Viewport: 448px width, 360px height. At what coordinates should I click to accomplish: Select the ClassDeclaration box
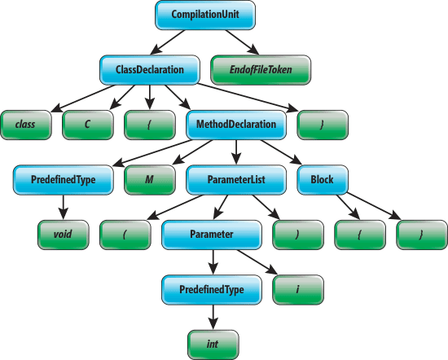pyautogui.click(x=151, y=70)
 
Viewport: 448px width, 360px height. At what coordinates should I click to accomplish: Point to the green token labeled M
pyautogui.click(x=149, y=179)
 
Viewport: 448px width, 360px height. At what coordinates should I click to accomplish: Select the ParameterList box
pyautogui.click(x=237, y=179)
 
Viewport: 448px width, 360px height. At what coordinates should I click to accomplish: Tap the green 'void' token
pyautogui.click(x=64, y=234)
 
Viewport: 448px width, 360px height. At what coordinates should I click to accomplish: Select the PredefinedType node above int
pyautogui.click(x=212, y=288)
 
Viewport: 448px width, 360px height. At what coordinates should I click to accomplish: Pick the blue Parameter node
pyautogui.click(x=212, y=234)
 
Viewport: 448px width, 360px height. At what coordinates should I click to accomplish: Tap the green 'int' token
pyautogui.click(x=212, y=343)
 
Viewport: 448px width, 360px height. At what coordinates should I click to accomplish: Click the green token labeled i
pyautogui.click(x=297, y=288)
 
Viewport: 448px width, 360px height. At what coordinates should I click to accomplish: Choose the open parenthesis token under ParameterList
pyautogui.click(x=125, y=234)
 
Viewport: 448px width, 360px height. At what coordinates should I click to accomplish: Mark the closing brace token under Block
pyautogui.click(x=422, y=234)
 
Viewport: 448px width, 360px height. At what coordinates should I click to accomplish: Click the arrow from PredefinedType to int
pyautogui.click(x=212, y=316)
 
